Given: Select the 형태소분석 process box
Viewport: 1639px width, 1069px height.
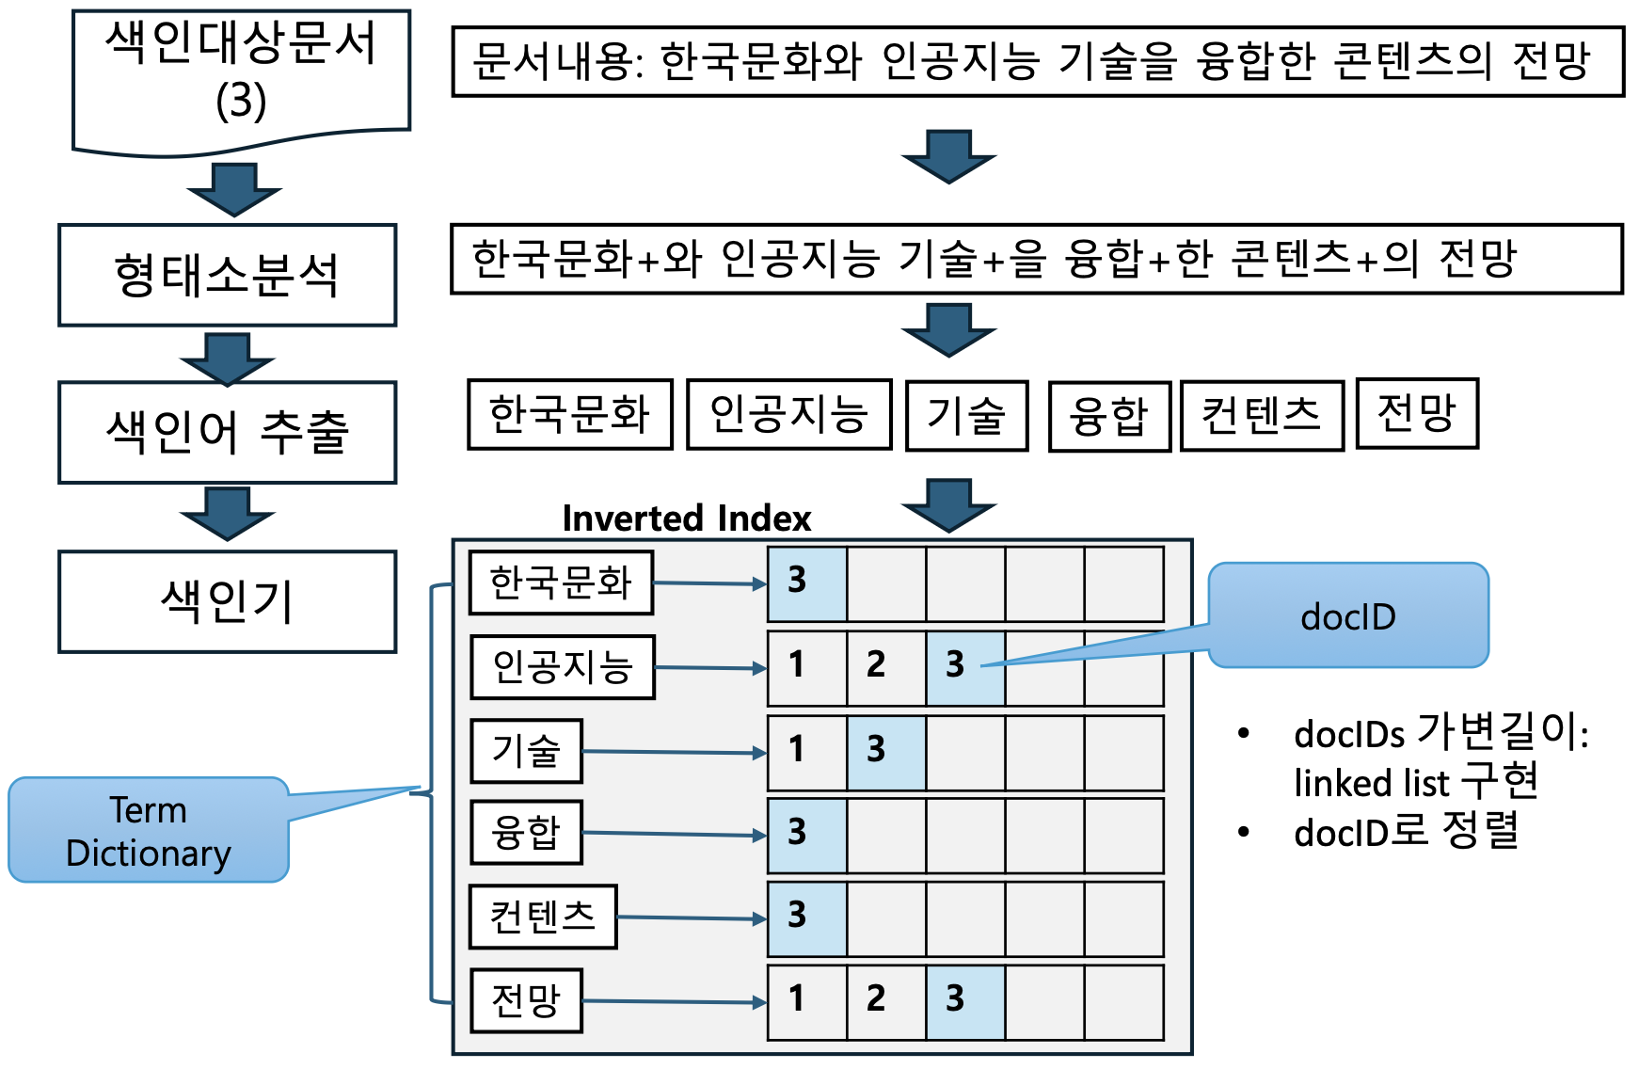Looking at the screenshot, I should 227,275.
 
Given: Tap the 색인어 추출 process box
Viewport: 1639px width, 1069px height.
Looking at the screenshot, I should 227,432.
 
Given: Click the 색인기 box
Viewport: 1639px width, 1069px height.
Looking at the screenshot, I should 227,601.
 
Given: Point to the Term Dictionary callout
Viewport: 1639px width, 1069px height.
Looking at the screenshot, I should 149,830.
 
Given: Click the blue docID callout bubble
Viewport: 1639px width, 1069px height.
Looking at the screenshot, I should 1347,616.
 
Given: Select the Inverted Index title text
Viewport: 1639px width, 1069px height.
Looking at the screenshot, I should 686,519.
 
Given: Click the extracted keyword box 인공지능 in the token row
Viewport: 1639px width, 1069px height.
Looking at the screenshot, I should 788,414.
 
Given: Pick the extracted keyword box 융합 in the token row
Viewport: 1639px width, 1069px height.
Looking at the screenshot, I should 1109,416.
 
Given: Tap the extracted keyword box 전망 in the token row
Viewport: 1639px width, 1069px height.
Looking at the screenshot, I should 1416,413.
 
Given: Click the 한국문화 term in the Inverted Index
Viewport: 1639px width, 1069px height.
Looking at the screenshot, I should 561,582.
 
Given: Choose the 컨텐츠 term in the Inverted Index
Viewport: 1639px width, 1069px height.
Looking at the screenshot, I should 543,916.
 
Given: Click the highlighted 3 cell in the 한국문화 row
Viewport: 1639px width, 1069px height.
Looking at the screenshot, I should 806,583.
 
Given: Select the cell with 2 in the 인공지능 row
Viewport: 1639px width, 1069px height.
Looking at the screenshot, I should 885,667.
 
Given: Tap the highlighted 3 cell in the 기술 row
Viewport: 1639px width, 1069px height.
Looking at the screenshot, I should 885,752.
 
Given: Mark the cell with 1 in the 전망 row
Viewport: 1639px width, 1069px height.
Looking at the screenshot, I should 806,1001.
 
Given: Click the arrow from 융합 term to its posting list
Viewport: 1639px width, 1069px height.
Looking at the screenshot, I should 674,835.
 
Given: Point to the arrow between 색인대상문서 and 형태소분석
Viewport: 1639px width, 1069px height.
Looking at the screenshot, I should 233,188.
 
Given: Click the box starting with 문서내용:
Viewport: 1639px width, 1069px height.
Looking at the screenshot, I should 1037,62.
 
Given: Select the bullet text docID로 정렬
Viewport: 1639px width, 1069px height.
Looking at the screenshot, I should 1406,831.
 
